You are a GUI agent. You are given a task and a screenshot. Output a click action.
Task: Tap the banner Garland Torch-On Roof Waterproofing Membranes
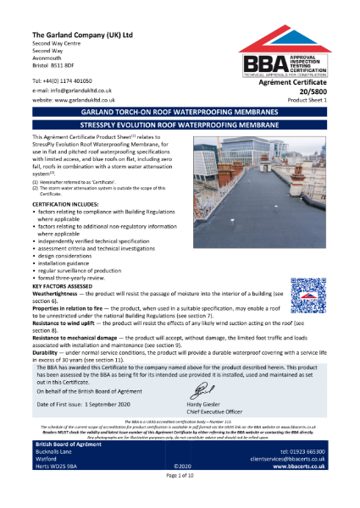pyautogui.click(x=180, y=112)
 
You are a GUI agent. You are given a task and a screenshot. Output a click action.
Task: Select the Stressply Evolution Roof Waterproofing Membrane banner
pyautogui.click(x=180, y=124)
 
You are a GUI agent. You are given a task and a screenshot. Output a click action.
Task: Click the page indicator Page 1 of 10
pyautogui.click(x=180, y=502)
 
